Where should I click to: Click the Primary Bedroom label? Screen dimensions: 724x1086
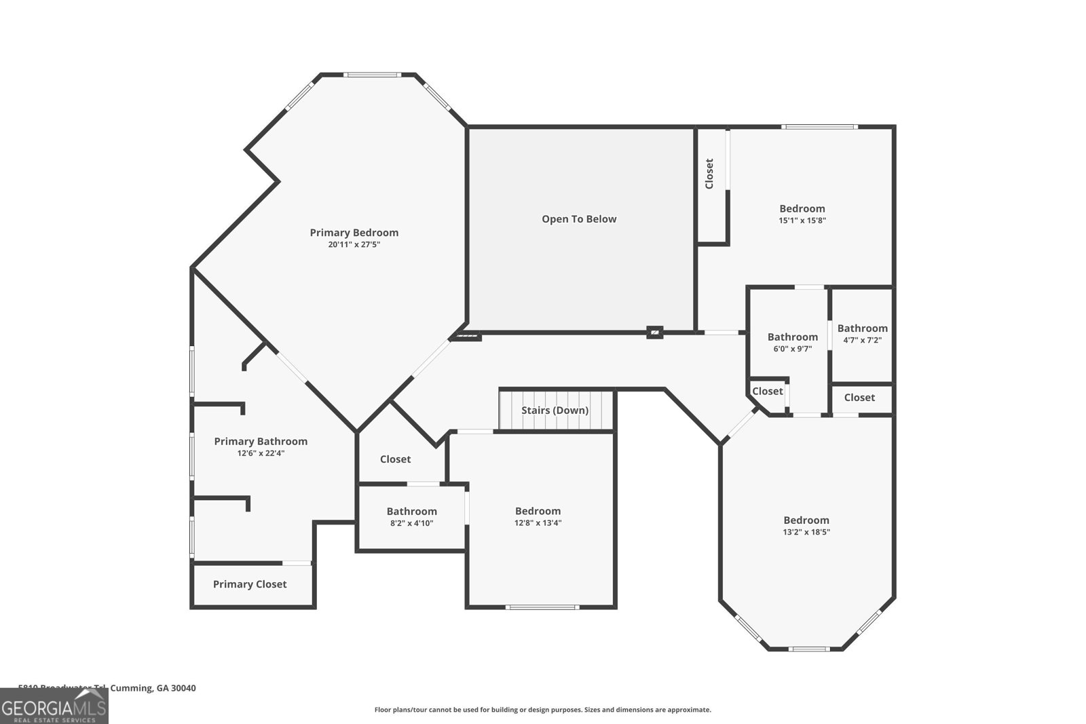tap(354, 233)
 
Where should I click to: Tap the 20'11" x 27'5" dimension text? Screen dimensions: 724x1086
tap(354, 245)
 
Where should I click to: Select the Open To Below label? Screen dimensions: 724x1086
tap(579, 219)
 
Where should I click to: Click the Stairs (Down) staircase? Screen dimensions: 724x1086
tap(555, 411)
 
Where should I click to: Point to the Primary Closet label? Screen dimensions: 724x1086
tap(250, 584)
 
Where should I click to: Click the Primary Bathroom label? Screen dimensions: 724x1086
tap(261, 442)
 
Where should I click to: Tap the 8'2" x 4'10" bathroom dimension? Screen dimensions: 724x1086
tap(411, 523)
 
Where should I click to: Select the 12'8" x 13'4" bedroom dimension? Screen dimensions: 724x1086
tap(538, 523)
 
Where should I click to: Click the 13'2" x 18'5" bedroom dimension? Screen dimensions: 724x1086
tap(806, 532)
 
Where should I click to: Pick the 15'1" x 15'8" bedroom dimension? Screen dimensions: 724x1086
tap(802, 221)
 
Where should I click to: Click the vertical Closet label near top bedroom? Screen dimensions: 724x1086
tap(710, 174)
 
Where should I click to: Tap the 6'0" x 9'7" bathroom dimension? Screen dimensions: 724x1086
tap(792, 349)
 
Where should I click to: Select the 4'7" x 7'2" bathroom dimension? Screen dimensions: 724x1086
tap(862, 340)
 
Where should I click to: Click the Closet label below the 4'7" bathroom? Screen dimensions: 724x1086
tap(859, 398)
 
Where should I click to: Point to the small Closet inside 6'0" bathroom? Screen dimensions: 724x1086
tap(767, 392)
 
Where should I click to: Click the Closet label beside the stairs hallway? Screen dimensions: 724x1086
tap(395, 459)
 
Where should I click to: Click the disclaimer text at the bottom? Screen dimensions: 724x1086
tap(542, 710)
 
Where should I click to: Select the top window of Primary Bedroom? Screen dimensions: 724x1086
tap(371, 75)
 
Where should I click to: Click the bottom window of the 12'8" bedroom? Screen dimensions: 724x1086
tap(542, 607)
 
